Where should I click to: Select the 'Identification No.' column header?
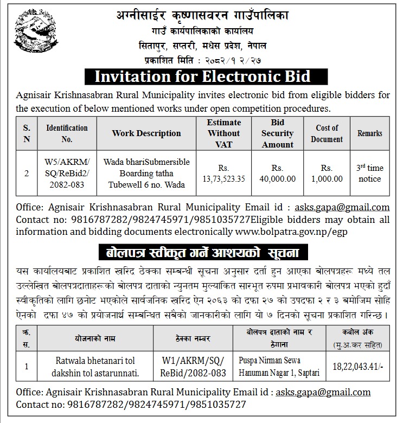coord(67,133)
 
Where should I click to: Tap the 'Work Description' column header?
coord(146,133)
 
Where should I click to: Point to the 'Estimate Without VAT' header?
coord(223,133)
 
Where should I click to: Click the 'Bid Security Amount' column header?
coord(277,133)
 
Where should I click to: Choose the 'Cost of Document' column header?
coord(327,133)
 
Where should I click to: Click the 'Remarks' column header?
coord(369,133)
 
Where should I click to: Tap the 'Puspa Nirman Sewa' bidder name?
coord(270,360)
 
